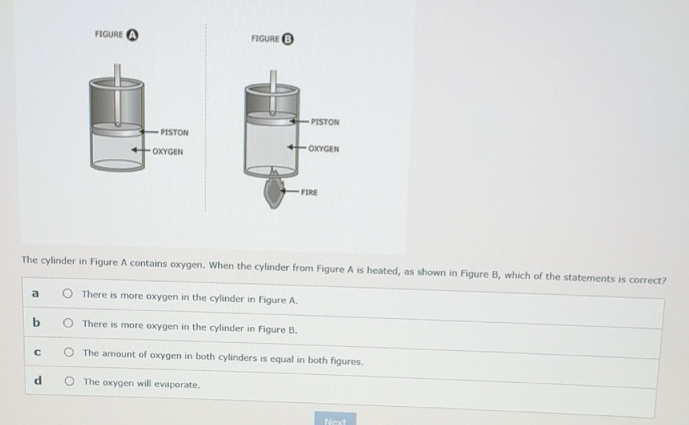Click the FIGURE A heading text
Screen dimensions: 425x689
click(109, 34)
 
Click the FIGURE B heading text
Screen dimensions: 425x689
click(265, 38)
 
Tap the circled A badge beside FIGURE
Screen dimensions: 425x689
click(132, 35)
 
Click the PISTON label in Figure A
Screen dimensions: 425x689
click(174, 132)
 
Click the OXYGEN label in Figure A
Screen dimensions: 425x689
click(167, 152)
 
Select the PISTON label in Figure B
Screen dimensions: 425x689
click(325, 122)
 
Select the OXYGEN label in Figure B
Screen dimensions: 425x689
click(323, 148)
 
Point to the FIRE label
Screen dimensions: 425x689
click(309, 192)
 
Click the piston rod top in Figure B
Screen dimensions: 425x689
click(273, 73)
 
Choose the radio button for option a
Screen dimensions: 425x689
click(68, 294)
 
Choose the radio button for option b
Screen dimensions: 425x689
click(68, 323)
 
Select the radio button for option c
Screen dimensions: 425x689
click(68, 352)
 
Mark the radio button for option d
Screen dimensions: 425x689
click(68, 381)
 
